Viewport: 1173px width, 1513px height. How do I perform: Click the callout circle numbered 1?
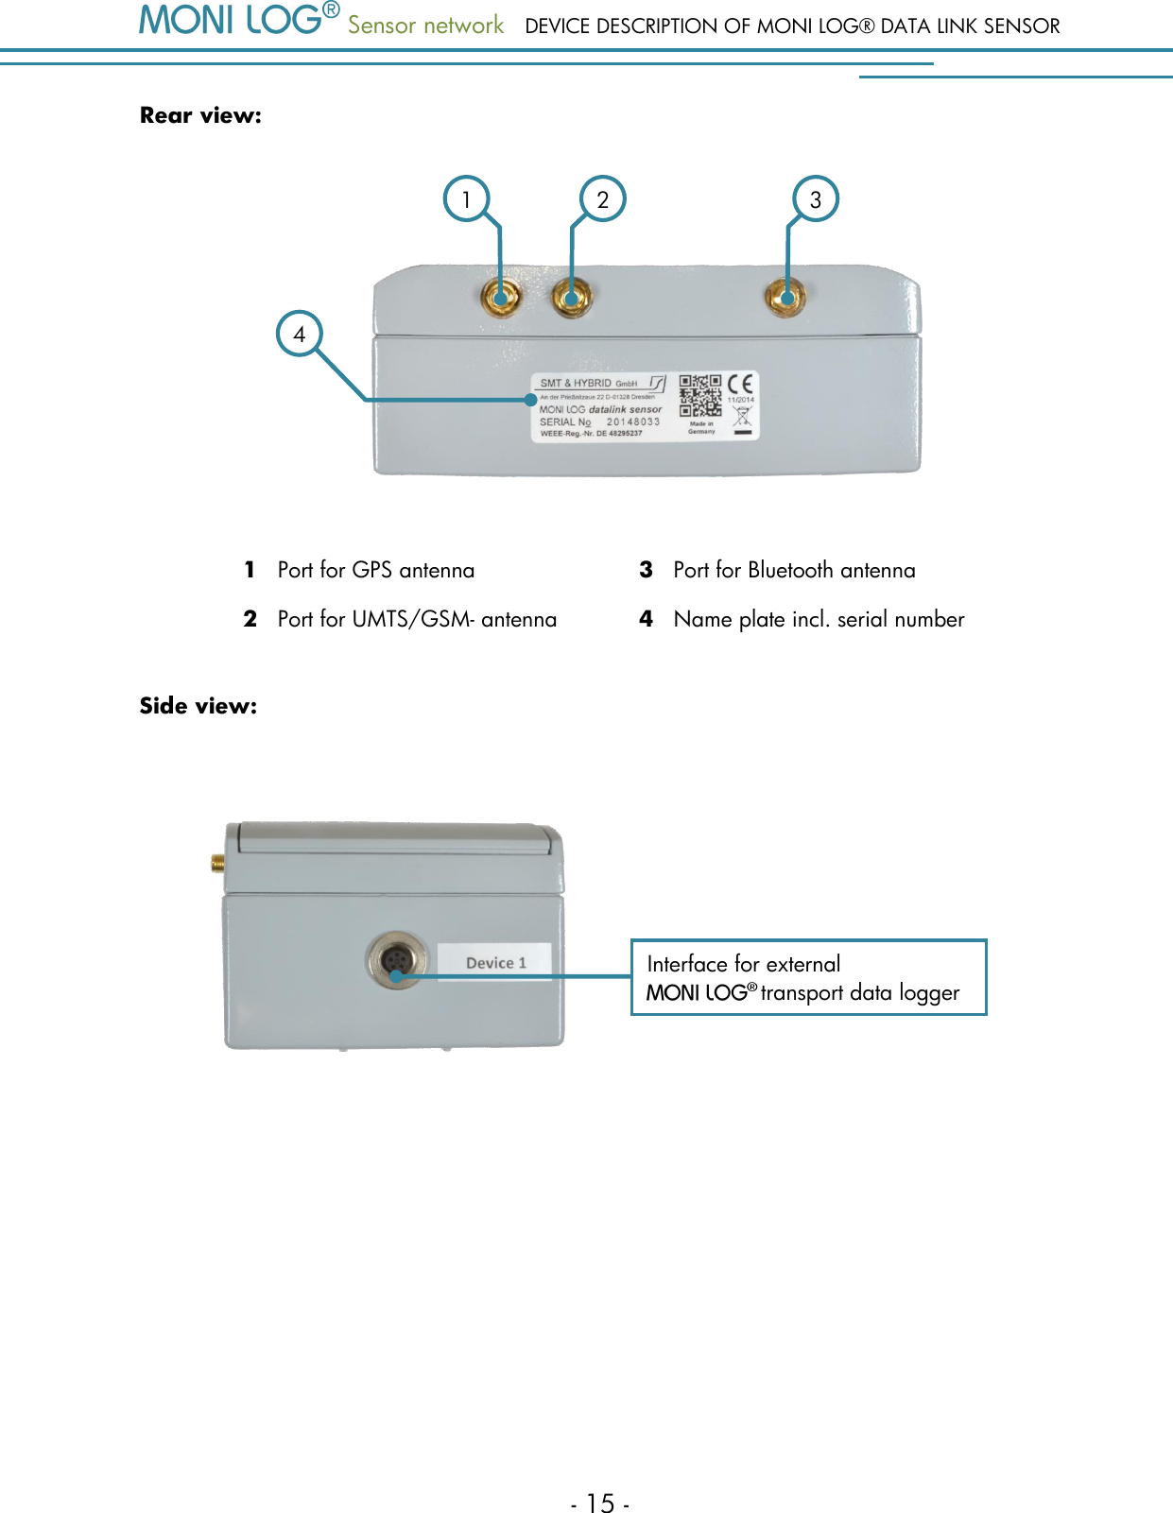point(466,199)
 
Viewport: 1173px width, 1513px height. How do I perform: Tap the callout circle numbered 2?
point(602,199)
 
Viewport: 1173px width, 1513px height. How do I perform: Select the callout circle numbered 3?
point(816,199)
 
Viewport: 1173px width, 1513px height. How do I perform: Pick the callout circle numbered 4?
point(300,334)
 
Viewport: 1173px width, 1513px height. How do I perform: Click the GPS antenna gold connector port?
point(500,298)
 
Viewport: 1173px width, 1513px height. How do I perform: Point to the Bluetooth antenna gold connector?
point(785,298)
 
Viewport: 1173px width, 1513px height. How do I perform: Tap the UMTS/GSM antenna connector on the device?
point(572,298)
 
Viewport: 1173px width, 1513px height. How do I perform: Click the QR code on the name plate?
point(700,396)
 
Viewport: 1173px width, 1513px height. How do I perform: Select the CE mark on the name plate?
point(741,384)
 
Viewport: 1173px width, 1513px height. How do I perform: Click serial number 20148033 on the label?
point(632,421)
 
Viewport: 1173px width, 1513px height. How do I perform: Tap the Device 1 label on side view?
point(495,962)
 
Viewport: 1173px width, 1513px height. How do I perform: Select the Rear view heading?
point(200,115)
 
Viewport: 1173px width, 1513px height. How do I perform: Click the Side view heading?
point(198,706)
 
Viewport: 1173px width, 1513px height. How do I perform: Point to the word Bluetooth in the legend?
point(790,570)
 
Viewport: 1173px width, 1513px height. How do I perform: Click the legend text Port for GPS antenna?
point(375,570)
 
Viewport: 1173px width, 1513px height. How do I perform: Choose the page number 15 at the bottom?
point(600,1503)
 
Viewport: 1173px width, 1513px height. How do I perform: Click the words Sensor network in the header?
point(425,26)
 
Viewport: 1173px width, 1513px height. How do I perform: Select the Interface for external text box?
point(808,977)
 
